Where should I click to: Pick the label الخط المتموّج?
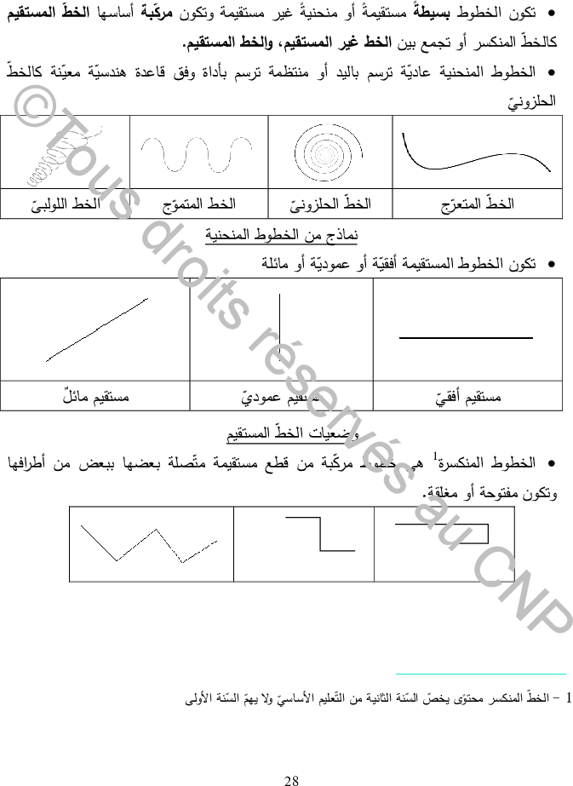(x=198, y=204)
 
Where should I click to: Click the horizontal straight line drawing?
(x=468, y=338)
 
